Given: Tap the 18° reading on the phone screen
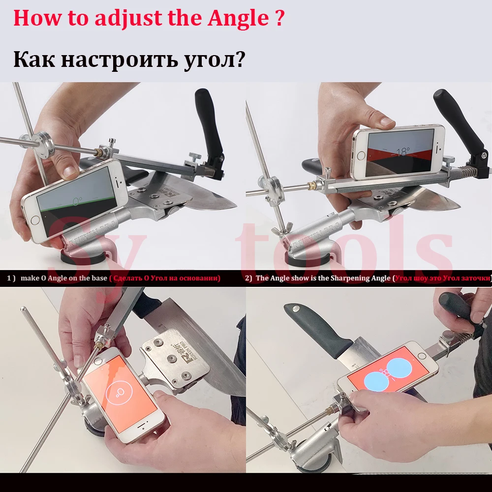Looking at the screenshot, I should pos(402,152).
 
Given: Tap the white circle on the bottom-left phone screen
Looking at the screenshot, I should pos(118,392).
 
